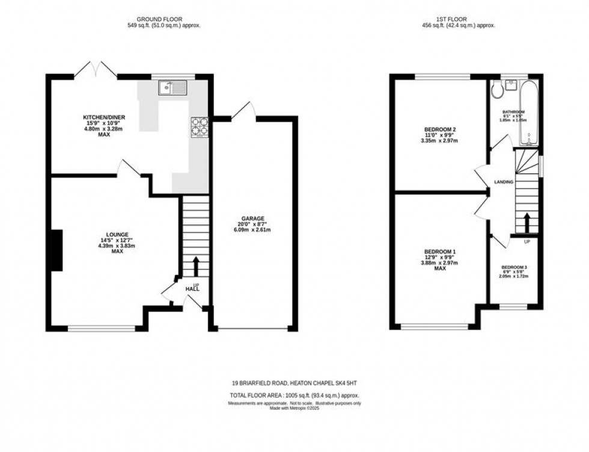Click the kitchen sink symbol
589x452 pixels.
173,88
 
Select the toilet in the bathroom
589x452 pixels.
496,90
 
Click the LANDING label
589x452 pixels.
503,181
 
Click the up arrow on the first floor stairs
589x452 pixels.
526,222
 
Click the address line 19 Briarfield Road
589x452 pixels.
298,383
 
